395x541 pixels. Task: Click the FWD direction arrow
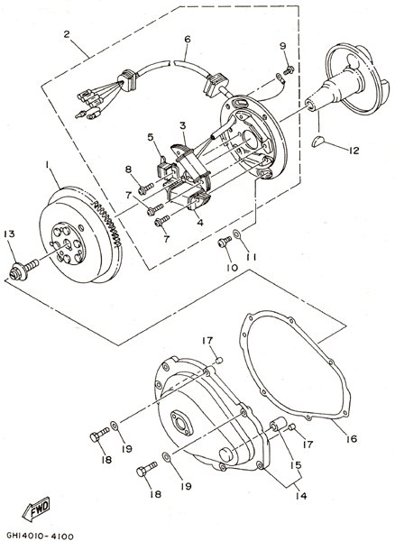coord(37,509)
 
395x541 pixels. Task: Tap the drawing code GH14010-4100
coord(41,536)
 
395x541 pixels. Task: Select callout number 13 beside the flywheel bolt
coord(10,234)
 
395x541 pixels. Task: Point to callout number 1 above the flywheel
coord(46,165)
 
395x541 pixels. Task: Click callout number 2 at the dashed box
coord(67,34)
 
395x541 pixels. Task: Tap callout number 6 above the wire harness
coord(188,40)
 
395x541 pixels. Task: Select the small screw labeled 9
coord(289,69)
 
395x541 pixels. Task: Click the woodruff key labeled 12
coord(318,142)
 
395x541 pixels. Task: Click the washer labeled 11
coord(236,234)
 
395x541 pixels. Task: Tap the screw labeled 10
coord(225,242)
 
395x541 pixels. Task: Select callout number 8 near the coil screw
coord(128,170)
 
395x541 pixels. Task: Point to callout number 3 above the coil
coord(182,125)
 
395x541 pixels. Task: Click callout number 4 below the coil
coord(200,223)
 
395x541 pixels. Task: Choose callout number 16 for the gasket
coord(351,438)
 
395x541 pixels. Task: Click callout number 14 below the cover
coord(301,496)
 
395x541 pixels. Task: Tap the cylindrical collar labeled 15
coord(279,425)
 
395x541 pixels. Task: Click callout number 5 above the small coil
coord(151,137)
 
